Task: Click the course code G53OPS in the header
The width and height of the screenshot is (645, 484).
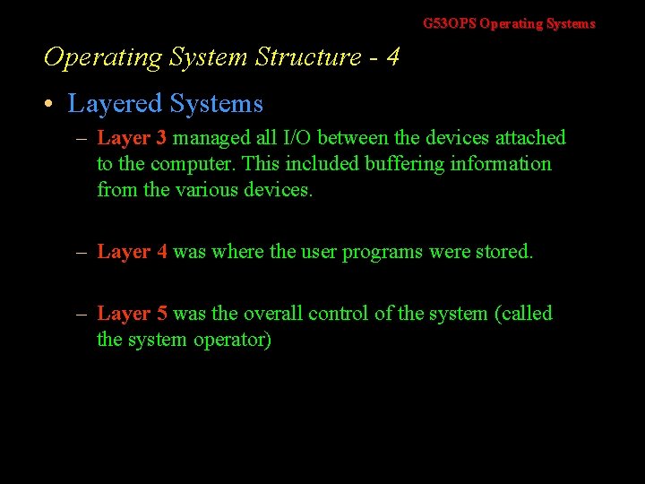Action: (450, 24)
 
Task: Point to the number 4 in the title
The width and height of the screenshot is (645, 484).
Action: (392, 57)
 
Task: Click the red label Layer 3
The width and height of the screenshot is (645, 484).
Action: (132, 138)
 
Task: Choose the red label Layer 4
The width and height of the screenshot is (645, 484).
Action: (132, 253)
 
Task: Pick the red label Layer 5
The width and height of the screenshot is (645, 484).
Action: (132, 314)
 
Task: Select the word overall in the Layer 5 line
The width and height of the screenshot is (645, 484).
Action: (272, 314)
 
